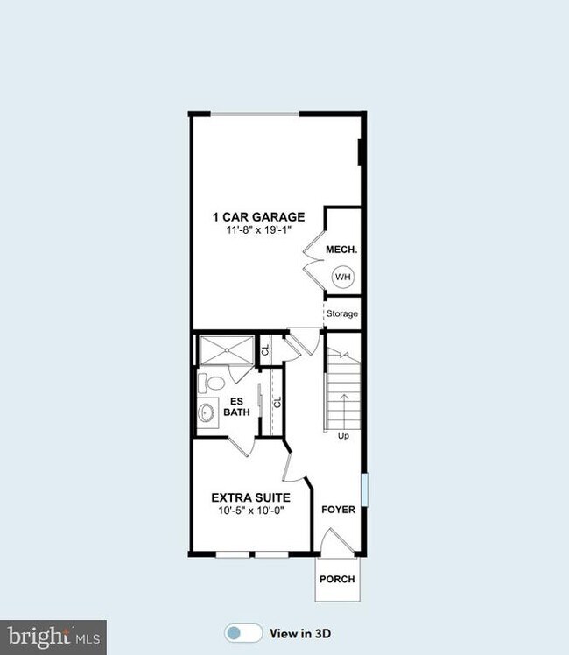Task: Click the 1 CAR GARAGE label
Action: click(x=257, y=217)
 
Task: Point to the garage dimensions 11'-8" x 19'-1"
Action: click(x=257, y=230)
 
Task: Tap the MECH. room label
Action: click(x=341, y=250)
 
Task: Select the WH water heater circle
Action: click(x=342, y=278)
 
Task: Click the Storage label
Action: click(x=341, y=314)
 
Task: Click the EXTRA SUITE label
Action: click(x=250, y=497)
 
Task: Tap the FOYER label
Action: click(x=338, y=509)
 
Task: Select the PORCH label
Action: click(x=336, y=579)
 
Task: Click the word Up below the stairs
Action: click(x=343, y=435)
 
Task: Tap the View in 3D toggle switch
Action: click(x=243, y=633)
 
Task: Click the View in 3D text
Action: click(x=300, y=633)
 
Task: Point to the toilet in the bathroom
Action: click(x=211, y=384)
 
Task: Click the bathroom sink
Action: click(x=207, y=412)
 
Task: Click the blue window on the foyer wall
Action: click(x=364, y=489)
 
